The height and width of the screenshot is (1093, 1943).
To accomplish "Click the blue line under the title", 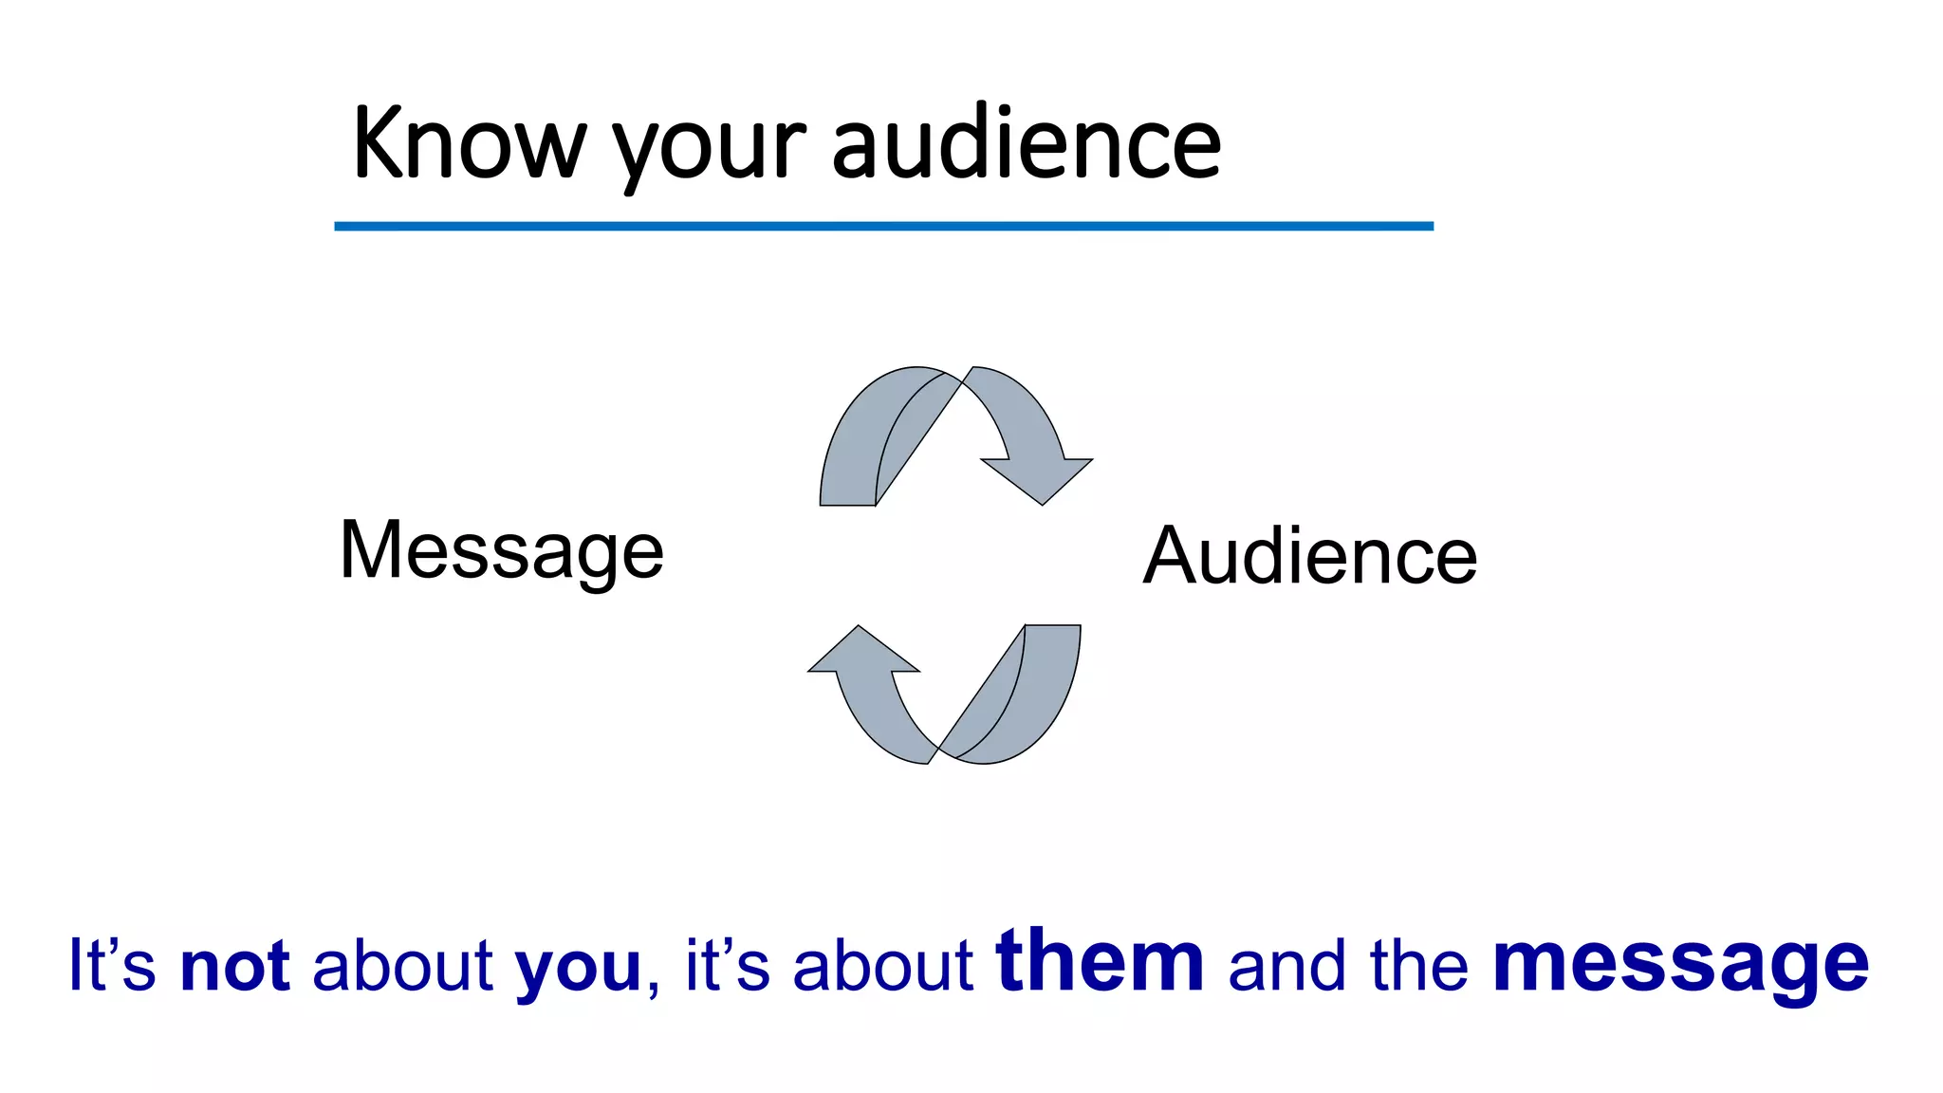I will click(x=882, y=226).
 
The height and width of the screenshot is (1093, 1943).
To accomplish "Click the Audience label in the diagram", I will click(x=1309, y=556).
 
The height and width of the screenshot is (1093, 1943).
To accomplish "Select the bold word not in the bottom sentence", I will click(x=234, y=966).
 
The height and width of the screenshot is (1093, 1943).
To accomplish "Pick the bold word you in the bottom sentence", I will click(x=578, y=968).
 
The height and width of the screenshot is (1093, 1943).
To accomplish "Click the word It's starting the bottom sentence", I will click(x=112, y=966).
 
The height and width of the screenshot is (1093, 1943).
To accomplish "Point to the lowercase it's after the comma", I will click(x=727, y=966).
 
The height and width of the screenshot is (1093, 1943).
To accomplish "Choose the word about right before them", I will click(x=882, y=966).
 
